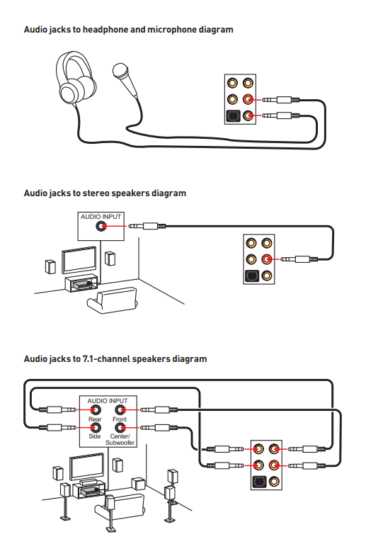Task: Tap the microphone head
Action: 120,70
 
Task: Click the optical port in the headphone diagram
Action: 233,116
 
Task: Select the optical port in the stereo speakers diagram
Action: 251,276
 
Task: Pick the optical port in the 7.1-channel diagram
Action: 258,482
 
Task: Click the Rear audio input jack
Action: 95,410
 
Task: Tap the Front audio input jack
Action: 120,410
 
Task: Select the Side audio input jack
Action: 95,427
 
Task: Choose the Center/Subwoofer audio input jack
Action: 120,427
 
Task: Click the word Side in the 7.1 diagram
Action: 95,436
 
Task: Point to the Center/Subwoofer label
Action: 120,440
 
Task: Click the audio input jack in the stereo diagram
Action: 101,226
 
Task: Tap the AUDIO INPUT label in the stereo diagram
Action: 101,217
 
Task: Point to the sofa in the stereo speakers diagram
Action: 113,300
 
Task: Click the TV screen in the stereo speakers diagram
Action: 79,260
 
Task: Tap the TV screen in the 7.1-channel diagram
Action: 86,466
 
